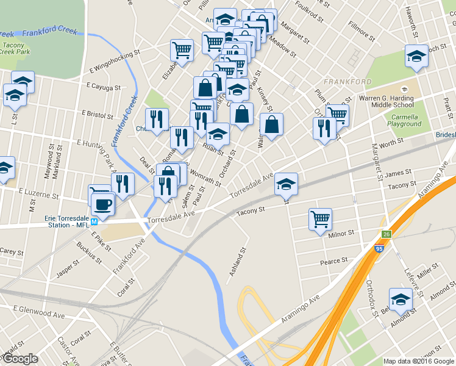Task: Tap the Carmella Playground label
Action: tap(405, 120)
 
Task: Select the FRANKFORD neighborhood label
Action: tap(347, 82)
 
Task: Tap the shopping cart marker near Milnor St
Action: tap(320, 218)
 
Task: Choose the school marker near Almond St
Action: tap(401, 300)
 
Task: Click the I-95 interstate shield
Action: tap(380, 248)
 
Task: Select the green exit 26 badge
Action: tap(386, 234)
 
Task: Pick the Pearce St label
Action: tap(333, 261)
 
